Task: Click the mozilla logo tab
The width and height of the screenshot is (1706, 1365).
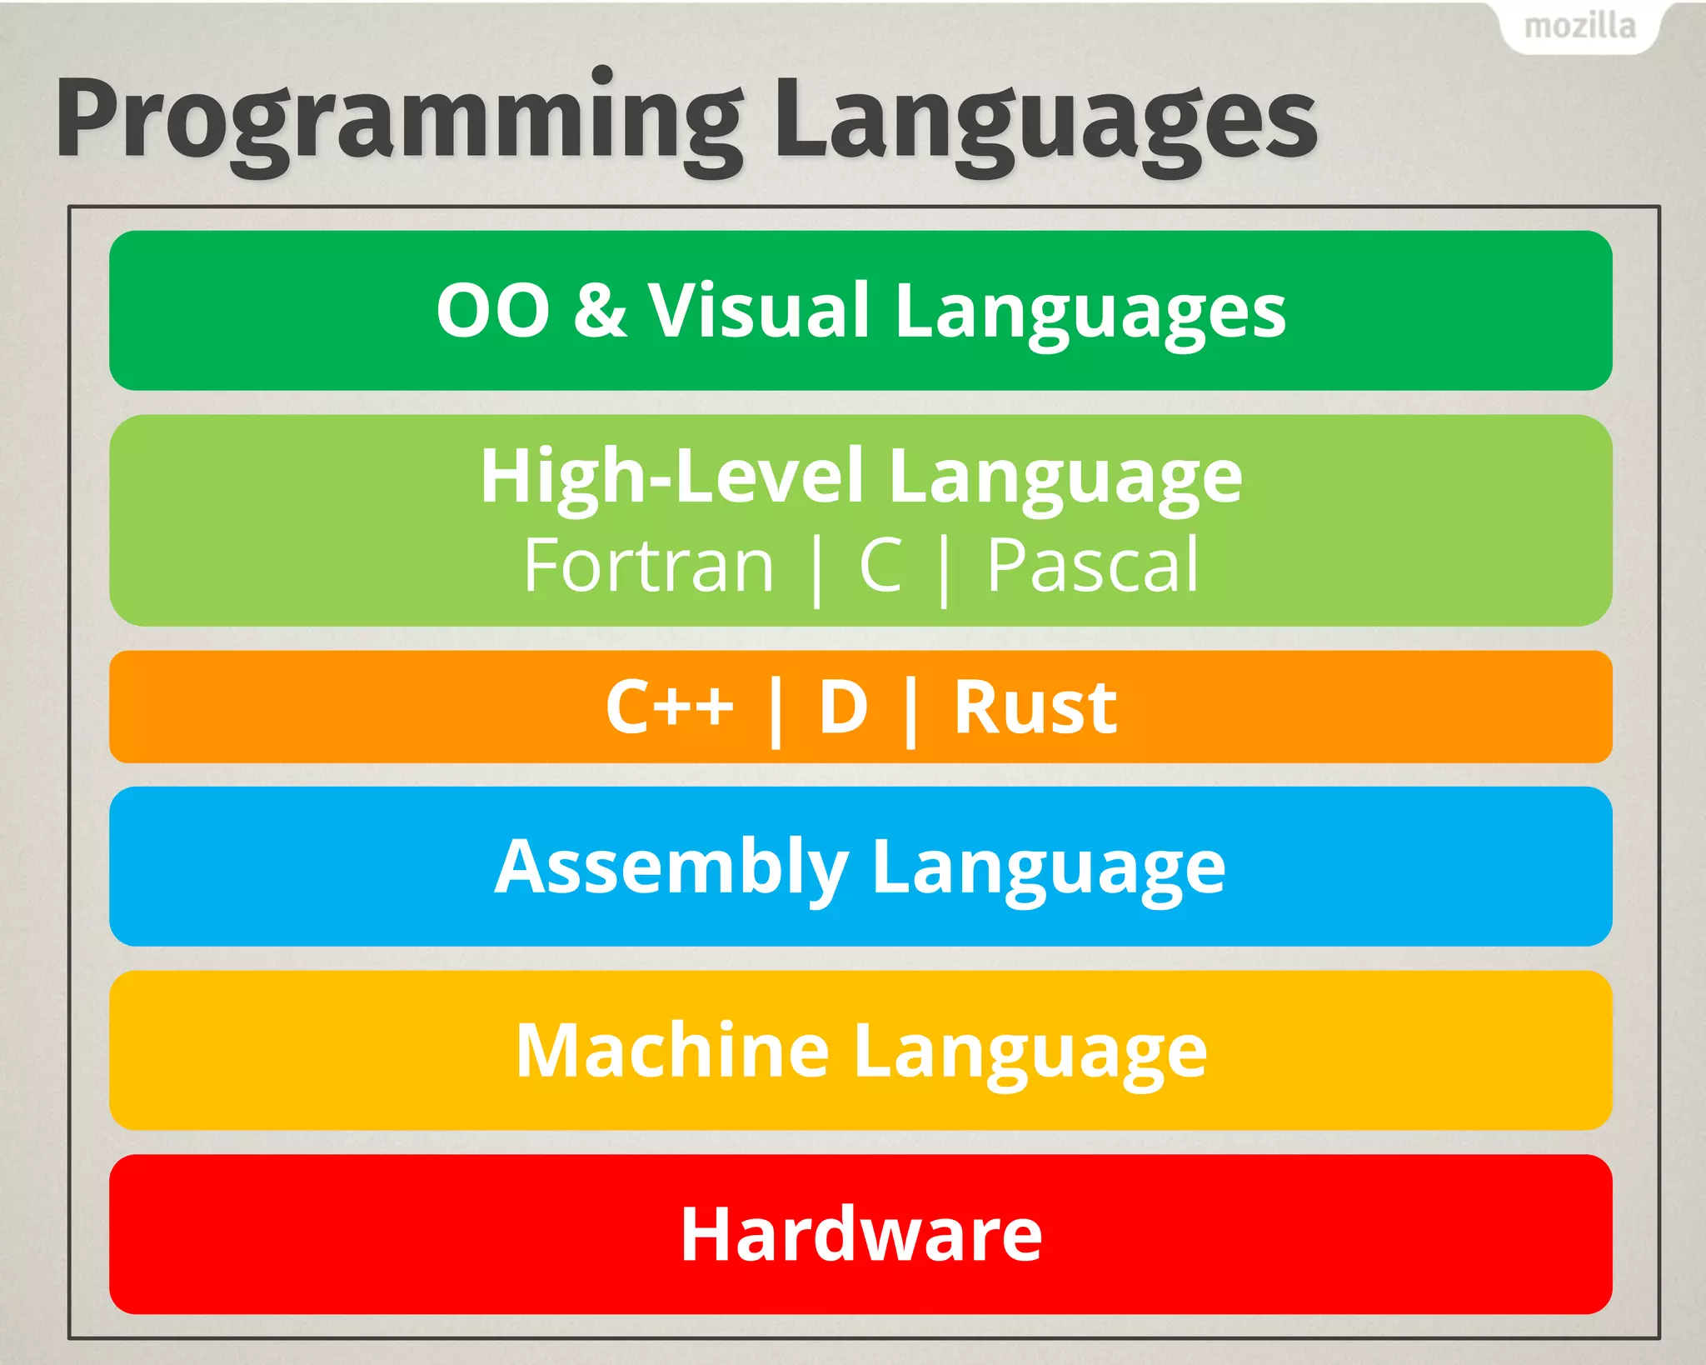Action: [1579, 27]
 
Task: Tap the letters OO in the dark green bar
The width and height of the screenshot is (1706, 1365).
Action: [492, 311]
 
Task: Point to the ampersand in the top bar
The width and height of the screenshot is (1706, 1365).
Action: [600, 310]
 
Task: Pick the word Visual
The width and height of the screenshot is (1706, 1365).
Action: [759, 310]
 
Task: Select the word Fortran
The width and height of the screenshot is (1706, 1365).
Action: [649, 566]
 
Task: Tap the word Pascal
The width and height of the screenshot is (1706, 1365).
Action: [1092, 566]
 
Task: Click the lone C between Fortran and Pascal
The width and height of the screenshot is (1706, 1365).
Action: [880, 566]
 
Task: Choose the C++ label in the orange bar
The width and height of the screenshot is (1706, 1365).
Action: [669, 707]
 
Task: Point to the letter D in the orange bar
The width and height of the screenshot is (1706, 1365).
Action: [843, 707]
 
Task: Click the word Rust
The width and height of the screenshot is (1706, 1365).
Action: [1035, 707]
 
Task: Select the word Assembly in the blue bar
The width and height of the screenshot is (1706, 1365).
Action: [671, 867]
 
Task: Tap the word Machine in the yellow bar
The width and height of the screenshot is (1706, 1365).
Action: [671, 1051]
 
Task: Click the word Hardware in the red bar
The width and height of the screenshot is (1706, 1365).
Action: [860, 1234]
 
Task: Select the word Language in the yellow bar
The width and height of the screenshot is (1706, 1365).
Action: [1030, 1052]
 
